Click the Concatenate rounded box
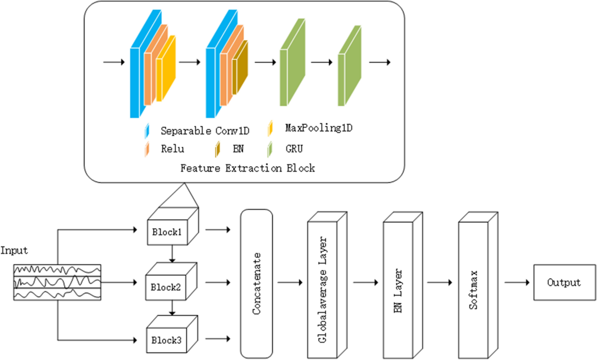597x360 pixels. click(x=256, y=283)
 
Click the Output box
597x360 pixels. click(x=564, y=282)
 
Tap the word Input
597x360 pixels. click(x=14, y=251)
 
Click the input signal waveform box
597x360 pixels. click(x=57, y=282)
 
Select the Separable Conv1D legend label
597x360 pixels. click(x=204, y=131)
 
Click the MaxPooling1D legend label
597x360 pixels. click(x=318, y=128)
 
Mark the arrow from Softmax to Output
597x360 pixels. click(x=517, y=283)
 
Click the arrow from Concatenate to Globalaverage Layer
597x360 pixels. click(x=290, y=283)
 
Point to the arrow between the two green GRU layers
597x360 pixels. click(x=321, y=63)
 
